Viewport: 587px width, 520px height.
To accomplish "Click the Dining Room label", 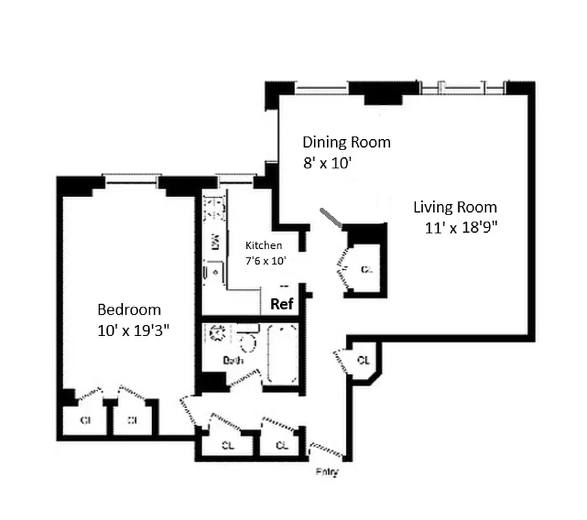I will pyautogui.click(x=346, y=142).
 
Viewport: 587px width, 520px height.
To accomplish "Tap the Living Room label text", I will pyautogui.click(x=455, y=207).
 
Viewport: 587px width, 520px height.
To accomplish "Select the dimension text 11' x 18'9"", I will pyautogui.click(x=461, y=227).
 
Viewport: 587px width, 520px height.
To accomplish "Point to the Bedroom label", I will pyautogui.click(x=129, y=309).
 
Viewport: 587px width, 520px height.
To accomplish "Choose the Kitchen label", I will pyautogui.click(x=263, y=245).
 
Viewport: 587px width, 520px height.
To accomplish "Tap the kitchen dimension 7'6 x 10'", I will pyautogui.click(x=265, y=260).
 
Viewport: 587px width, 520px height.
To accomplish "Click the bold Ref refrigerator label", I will pyautogui.click(x=281, y=304).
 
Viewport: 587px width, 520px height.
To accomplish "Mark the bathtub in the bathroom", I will pyautogui.click(x=282, y=354).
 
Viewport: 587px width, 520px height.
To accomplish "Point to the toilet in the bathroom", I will pyautogui.click(x=247, y=341).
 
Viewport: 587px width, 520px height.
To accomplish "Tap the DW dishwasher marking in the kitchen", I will pyautogui.click(x=214, y=242).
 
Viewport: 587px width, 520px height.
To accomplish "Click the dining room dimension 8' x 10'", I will pyautogui.click(x=327, y=164).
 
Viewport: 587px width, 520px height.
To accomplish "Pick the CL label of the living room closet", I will pyautogui.click(x=367, y=268).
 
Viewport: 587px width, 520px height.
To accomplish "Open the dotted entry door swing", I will pyautogui.click(x=326, y=449).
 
